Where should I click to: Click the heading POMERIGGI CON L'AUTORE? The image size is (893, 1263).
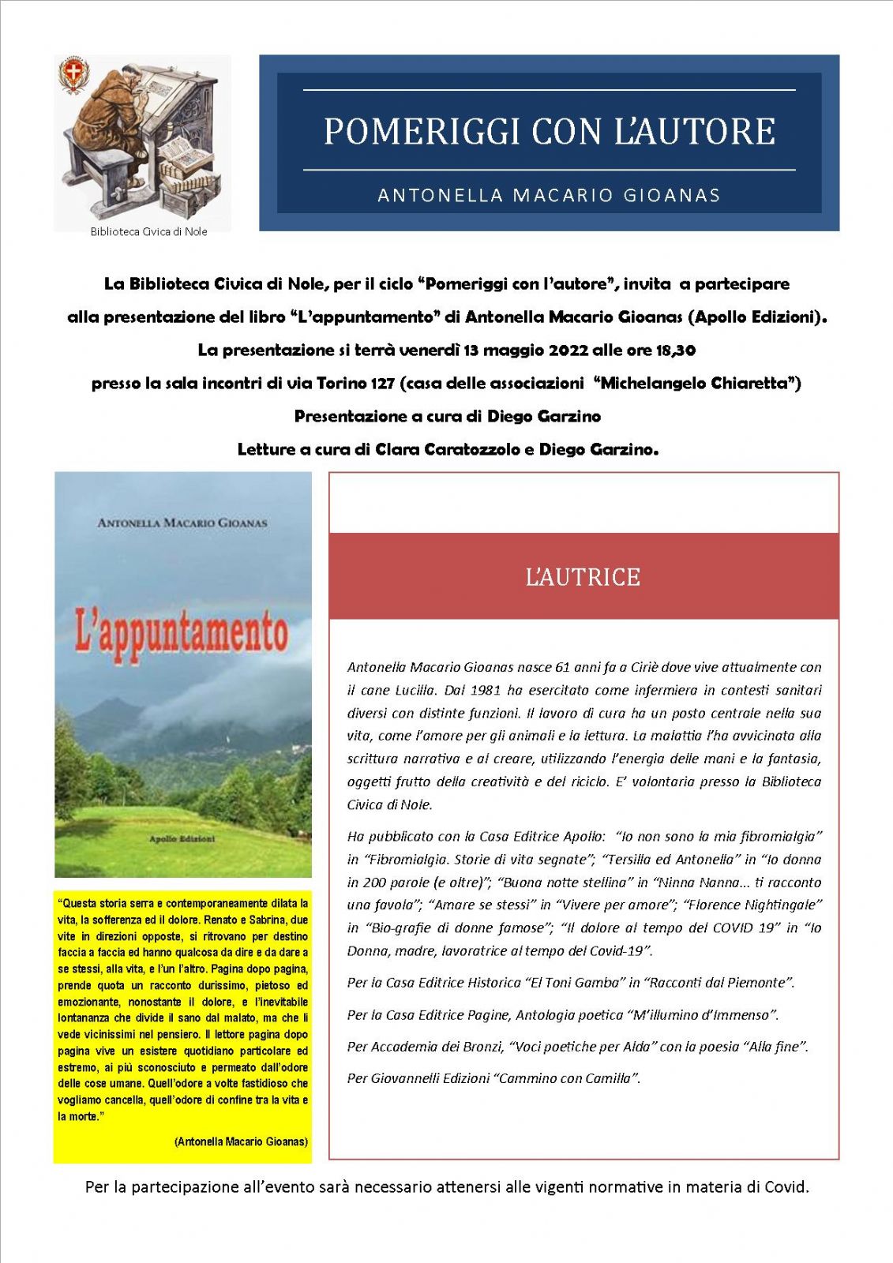[549, 131]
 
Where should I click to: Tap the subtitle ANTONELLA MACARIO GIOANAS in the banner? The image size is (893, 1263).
[549, 195]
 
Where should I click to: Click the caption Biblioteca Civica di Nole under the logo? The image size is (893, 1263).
[148, 231]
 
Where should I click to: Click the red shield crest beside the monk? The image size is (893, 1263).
[74, 77]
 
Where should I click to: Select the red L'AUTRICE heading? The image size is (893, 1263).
[583, 576]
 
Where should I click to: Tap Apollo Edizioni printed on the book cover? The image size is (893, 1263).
[182, 838]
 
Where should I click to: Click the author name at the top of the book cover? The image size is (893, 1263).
[182, 523]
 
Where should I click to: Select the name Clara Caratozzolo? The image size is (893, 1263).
[448, 449]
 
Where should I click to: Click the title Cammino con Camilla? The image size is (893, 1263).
[567, 1077]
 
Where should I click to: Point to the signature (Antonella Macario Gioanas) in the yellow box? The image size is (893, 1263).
[241, 1141]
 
